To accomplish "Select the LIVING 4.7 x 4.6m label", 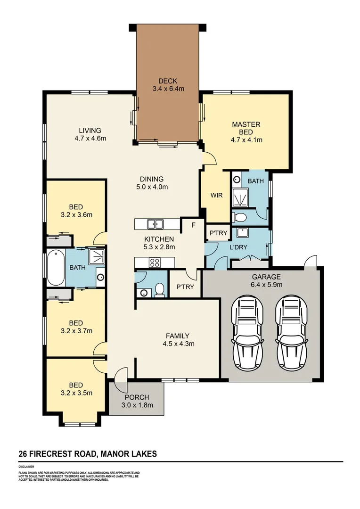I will click(x=90, y=134).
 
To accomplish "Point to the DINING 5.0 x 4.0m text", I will click(x=151, y=182).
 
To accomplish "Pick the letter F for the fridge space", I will click(x=192, y=225).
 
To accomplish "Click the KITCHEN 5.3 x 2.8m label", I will click(x=159, y=243).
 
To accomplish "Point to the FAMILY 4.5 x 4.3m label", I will click(x=178, y=339).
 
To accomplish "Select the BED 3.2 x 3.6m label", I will click(x=76, y=211).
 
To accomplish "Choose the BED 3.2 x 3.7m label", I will click(x=76, y=327).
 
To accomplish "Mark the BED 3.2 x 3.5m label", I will click(x=76, y=389).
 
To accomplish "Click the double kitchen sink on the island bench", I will click(x=155, y=223).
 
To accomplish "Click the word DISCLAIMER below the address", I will click(x=26, y=467).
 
